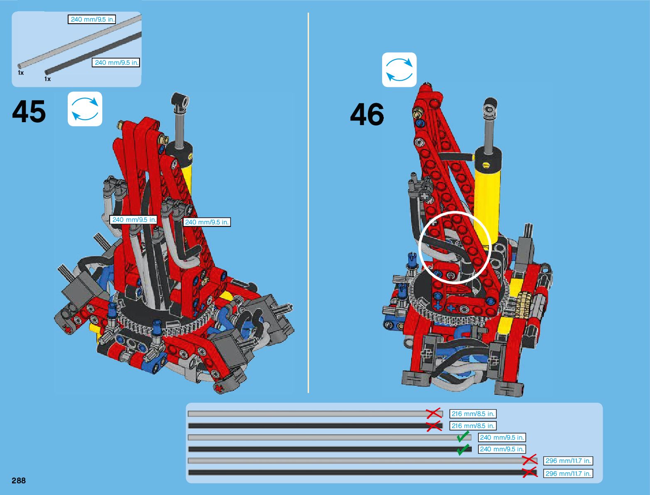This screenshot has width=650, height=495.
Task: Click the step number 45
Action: (29, 112)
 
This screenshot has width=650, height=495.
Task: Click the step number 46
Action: (367, 115)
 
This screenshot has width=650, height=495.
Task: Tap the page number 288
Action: (19, 480)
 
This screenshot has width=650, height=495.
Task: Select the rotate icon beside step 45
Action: (85, 109)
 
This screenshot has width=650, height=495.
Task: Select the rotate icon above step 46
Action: (399, 69)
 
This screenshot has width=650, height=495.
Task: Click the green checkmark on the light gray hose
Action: (463, 437)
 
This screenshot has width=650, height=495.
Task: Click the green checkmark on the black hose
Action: (463, 449)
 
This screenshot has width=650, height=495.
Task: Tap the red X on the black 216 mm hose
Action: (434, 426)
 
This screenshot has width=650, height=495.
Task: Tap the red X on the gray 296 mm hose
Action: (529, 460)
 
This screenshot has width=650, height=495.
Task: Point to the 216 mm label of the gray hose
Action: (473, 414)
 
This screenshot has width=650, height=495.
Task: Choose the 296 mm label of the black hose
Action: (568, 473)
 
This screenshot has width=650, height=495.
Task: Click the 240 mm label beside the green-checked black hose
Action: (502, 449)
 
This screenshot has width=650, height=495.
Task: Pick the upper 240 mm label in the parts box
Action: (92, 19)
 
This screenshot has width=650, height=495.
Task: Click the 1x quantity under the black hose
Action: (47, 79)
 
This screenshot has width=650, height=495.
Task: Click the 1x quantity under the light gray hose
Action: (21, 73)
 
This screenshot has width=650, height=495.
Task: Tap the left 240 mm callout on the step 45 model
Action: (134, 219)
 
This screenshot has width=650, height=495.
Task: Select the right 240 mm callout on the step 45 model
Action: (206, 222)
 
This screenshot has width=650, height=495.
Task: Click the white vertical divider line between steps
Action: (308, 204)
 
